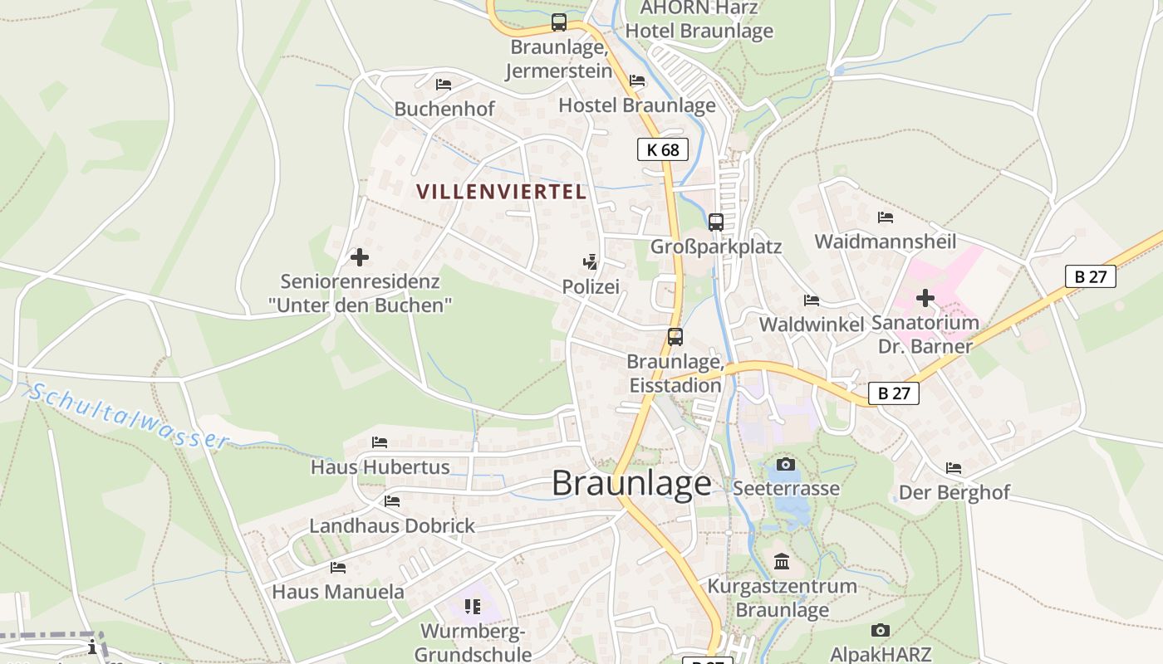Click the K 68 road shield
(x=662, y=149)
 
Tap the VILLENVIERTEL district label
(x=501, y=192)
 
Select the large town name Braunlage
(x=631, y=483)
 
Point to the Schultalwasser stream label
(x=129, y=415)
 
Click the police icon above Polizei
(x=591, y=263)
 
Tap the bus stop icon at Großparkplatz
(x=716, y=222)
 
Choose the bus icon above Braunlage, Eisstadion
(x=675, y=337)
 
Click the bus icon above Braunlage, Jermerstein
(x=559, y=22)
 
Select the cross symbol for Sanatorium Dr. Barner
(x=925, y=298)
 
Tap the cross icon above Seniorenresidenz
(x=360, y=257)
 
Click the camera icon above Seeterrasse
(x=786, y=464)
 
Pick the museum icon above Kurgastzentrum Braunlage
(x=782, y=562)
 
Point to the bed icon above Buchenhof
(x=444, y=84)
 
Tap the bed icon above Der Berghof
(x=954, y=469)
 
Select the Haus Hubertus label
(x=380, y=467)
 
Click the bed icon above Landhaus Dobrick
(x=392, y=501)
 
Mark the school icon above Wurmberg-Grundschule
(x=473, y=607)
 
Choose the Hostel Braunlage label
(x=637, y=105)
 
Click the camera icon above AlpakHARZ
(x=881, y=631)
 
